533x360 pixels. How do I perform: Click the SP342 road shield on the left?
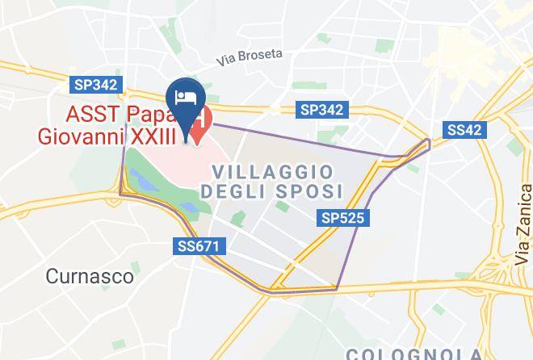tap(96, 84)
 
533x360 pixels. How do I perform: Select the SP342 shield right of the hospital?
tap(321, 110)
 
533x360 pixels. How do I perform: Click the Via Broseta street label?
tap(250, 57)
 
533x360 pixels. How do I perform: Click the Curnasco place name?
tap(90, 276)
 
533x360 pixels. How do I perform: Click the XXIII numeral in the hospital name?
tap(154, 136)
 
